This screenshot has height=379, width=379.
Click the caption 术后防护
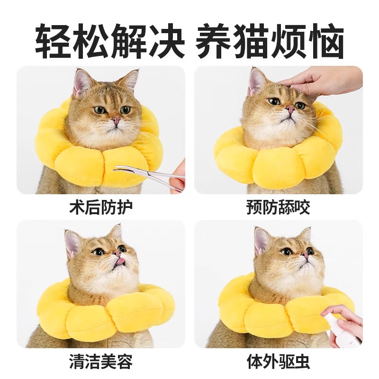[100, 207]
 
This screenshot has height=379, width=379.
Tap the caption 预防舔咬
[278, 207]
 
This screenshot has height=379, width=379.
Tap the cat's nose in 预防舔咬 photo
[289, 110]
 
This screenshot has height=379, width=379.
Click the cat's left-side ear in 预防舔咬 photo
[256, 81]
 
